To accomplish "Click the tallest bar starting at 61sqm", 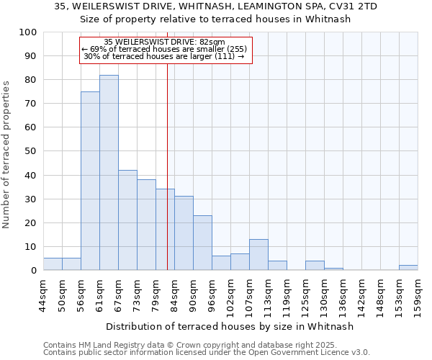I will [109, 173].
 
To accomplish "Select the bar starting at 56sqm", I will [90, 181].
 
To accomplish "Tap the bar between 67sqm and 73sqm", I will [127, 220].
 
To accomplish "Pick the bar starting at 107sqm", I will [258, 255].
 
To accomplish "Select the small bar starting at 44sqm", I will [53, 264].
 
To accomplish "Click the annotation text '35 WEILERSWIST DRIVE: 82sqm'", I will [164, 42].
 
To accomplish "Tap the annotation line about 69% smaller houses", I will [164, 49].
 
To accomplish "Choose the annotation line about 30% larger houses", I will [164, 56].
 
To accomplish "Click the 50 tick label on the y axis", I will [31, 151].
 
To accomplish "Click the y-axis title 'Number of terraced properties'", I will [7, 154].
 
